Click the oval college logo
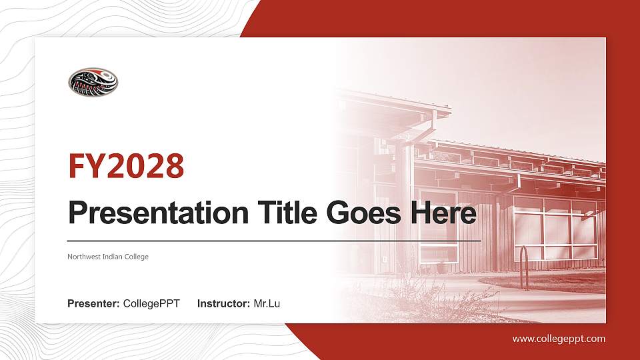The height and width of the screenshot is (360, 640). coord(93,82)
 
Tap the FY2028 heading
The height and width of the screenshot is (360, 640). coord(126,166)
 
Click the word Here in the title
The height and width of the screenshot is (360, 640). coord(444,213)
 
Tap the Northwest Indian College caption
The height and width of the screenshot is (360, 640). coord(107,257)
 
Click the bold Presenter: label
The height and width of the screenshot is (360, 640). coord(93,304)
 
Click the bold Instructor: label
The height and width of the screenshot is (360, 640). coord(224,304)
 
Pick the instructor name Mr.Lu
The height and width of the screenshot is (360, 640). coord(267,304)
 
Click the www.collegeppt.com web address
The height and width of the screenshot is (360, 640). coord(559,339)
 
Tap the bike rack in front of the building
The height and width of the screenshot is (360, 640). coord(523,267)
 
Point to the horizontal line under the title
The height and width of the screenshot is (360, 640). coord(274,240)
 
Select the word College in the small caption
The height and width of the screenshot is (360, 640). coord(137,257)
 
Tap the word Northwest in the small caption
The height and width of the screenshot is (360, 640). coord(83,257)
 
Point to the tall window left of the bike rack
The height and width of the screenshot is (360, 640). coord(438,227)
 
